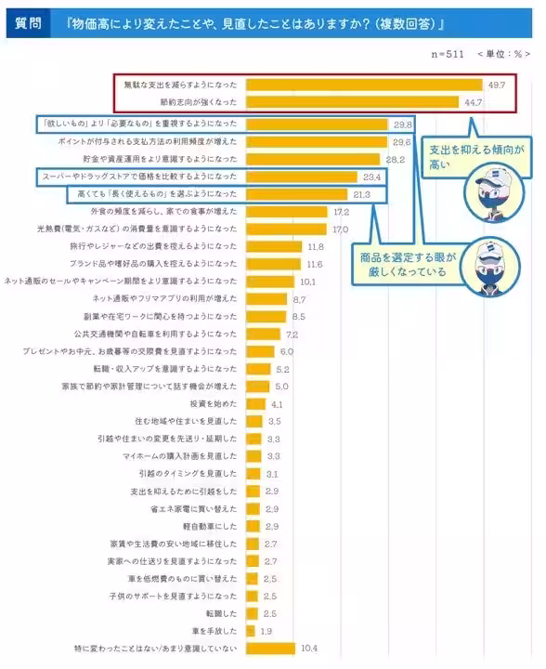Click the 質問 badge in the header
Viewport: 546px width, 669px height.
27,22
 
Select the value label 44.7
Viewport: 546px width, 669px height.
474,102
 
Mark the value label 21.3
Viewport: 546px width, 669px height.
361,194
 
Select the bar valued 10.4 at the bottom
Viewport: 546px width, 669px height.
270,648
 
